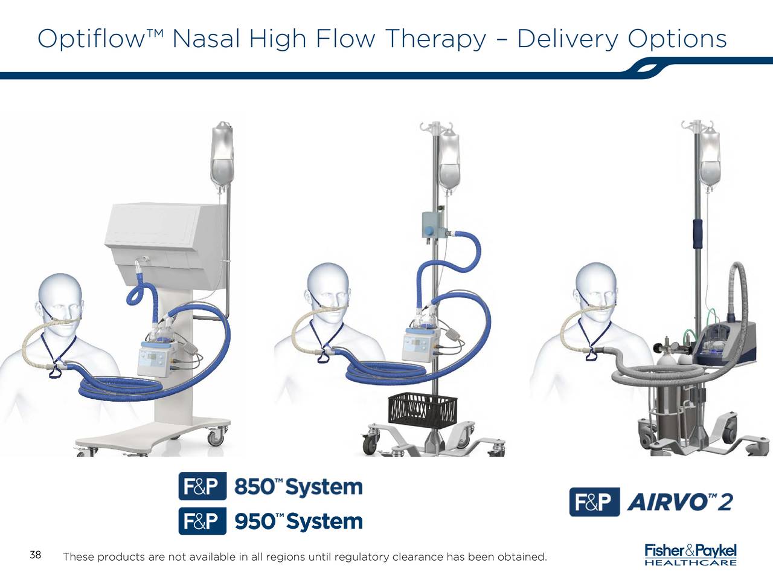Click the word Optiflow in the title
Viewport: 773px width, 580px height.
pos(91,40)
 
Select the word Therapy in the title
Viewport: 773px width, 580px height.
pos(435,40)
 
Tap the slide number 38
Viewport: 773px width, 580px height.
pos(35,555)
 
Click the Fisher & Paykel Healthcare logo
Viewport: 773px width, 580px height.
pos(690,555)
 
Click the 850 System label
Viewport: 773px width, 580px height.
pos(298,487)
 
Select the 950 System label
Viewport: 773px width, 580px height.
pos(298,521)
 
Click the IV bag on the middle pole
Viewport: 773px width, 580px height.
pos(449,161)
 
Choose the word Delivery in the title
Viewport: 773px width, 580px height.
pos(568,40)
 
